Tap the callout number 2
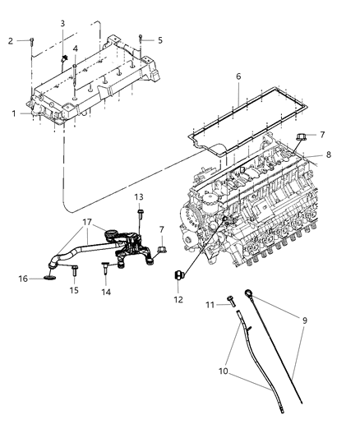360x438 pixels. click(x=11, y=40)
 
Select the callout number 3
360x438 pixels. click(x=62, y=23)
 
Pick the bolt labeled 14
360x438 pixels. click(x=106, y=268)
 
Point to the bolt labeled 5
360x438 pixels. click(x=141, y=39)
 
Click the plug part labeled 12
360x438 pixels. click(x=177, y=274)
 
